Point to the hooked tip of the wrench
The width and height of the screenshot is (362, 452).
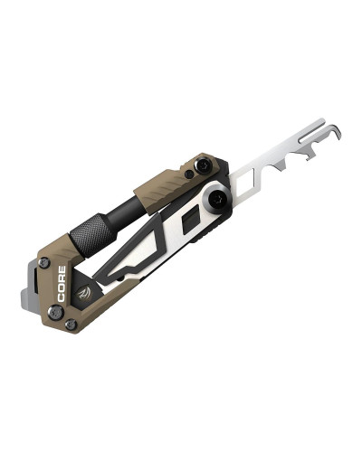tap(337, 133)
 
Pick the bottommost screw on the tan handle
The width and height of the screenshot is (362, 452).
tap(71, 324)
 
